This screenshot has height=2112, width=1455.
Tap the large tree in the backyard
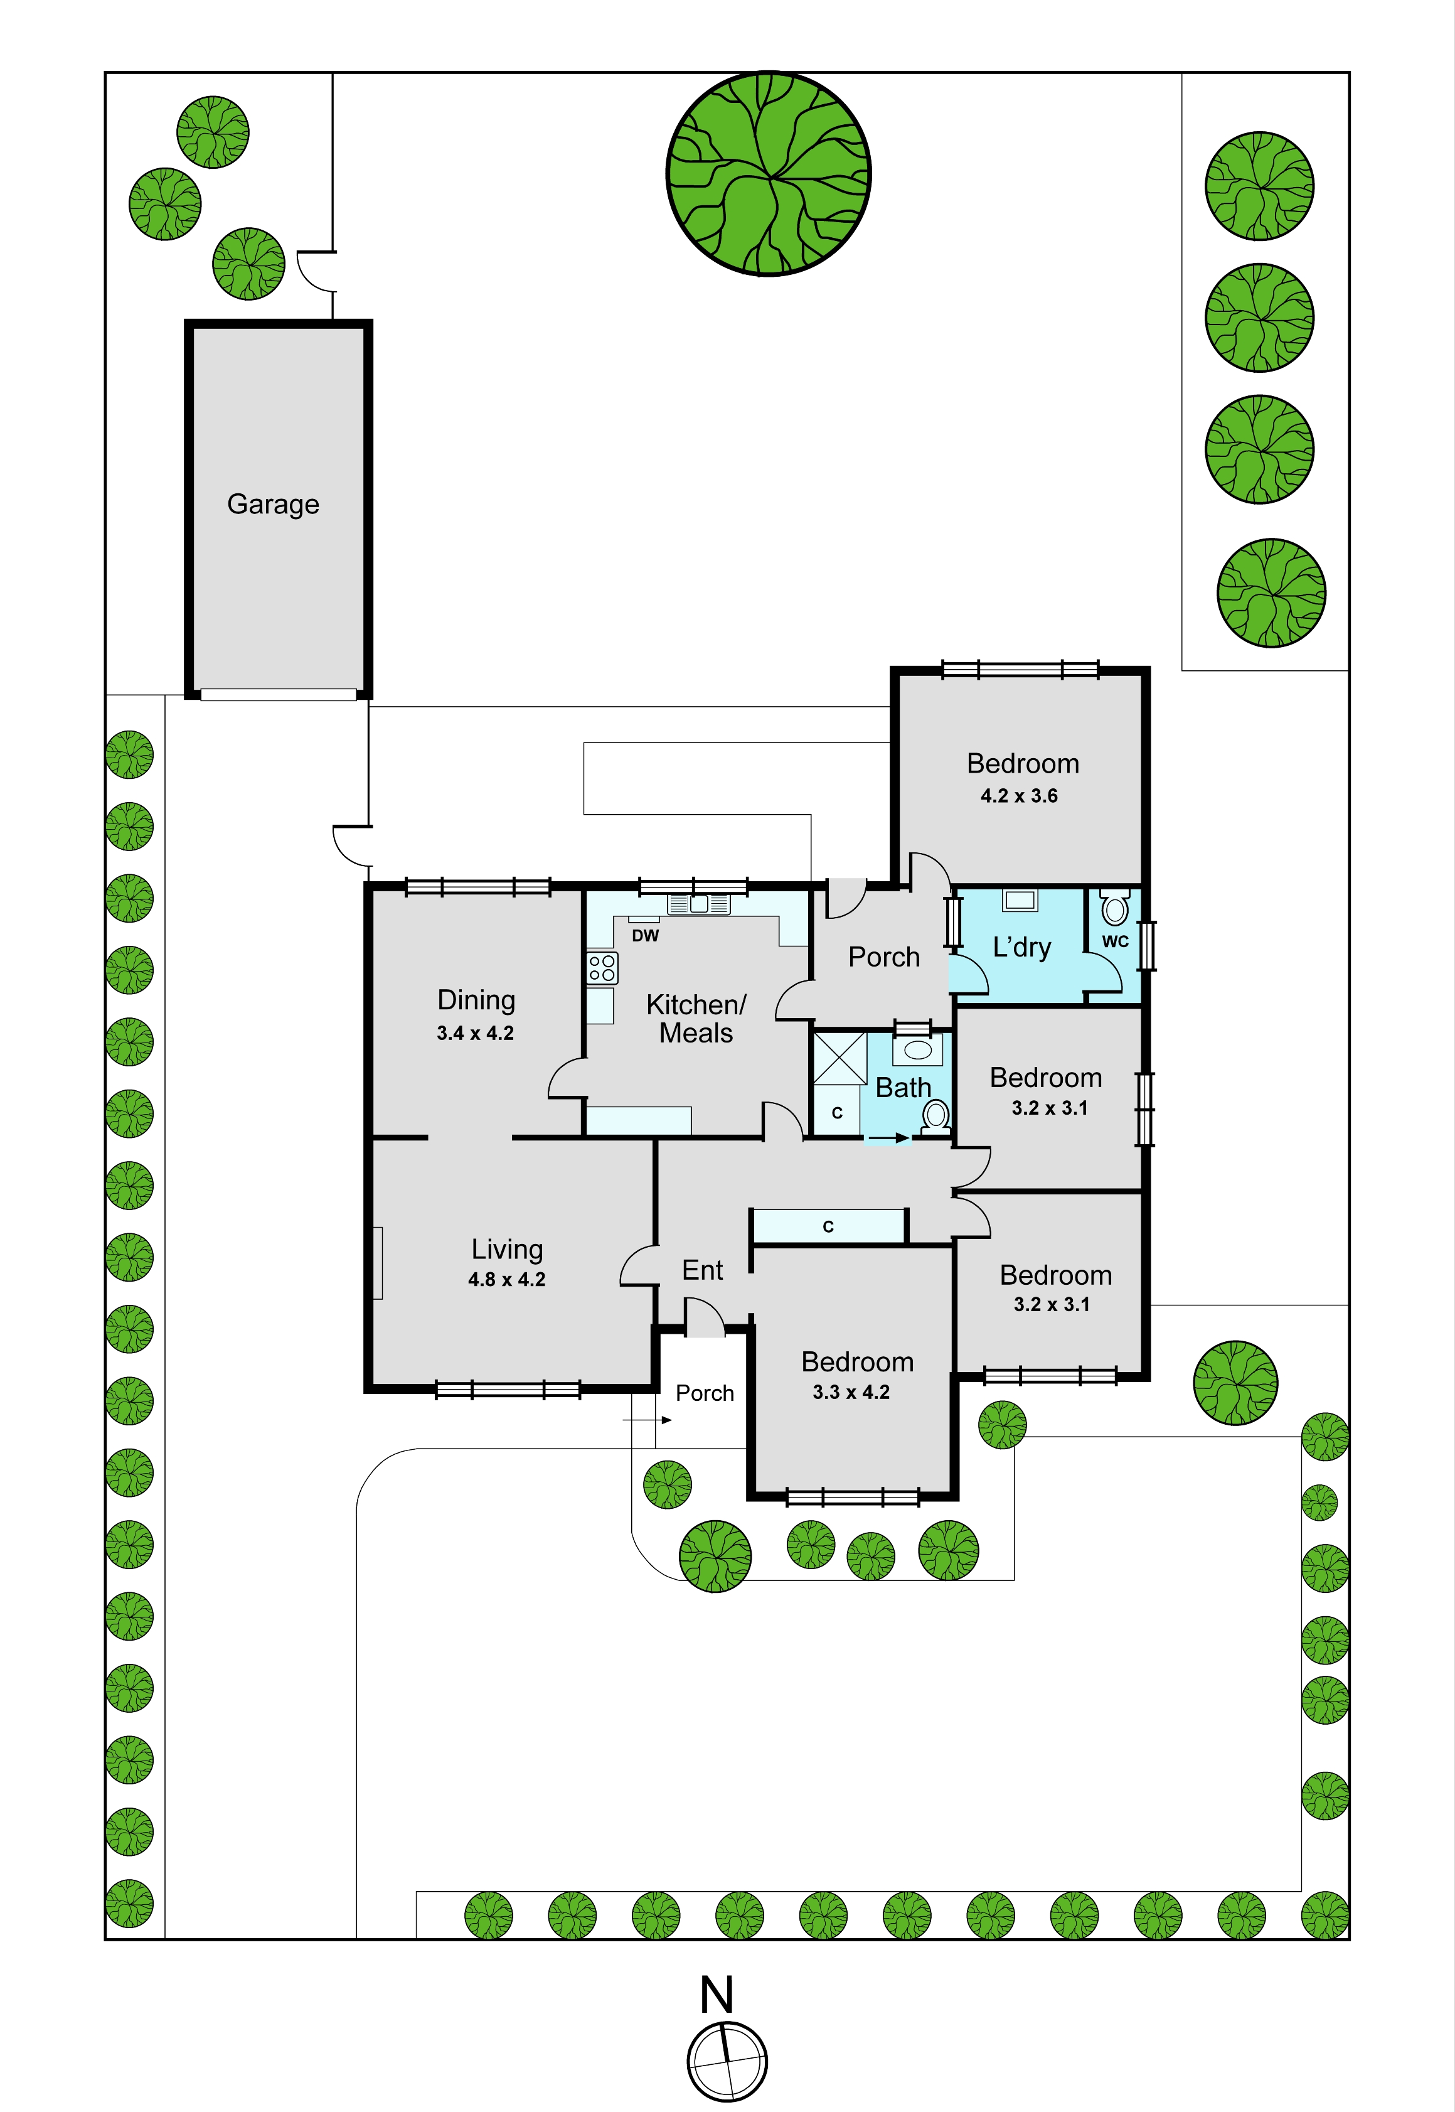pyautogui.click(x=769, y=173)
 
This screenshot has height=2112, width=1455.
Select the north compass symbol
pyautogui.click(x=727, y=2061)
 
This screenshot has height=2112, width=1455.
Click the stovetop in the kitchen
pyautogui.click(x=602, y=968)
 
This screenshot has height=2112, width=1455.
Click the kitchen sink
pyautogui.click(x=698, y=904)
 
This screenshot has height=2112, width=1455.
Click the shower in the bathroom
pyautogui.click(x=839, y=1058)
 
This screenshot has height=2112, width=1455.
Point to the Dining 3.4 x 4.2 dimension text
pyautogui.click(x=475, y=1033)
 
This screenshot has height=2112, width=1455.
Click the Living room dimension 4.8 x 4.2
pyautogui.click(x=507, y=1279)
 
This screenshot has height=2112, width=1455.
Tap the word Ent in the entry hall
pyautogui.click(x=702, y=1270)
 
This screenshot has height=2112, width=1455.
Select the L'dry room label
pyautogui.click(x=1022, y=948)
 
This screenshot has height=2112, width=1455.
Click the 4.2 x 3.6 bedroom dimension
pyautogui.click(x=1019, y=796)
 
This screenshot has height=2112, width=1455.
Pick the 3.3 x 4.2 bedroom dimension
pyautogui.click(x=851, y=1393)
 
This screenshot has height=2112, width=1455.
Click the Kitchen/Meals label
pyautogui.click(x=696, y=1019)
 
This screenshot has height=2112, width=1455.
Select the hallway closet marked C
pyautogui.click(x=829, y=1226)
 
